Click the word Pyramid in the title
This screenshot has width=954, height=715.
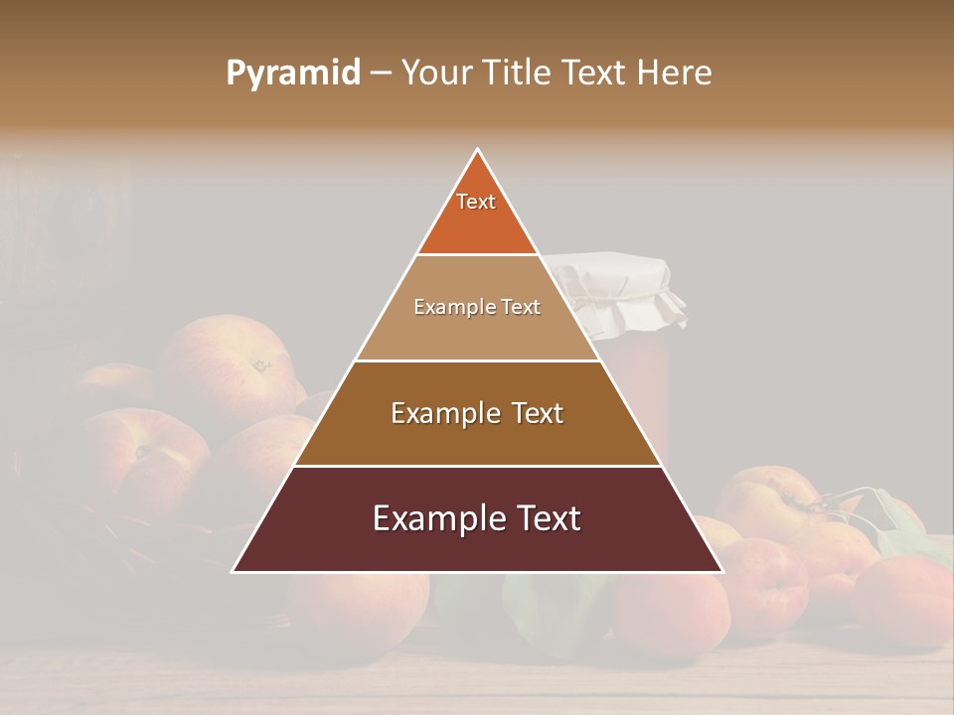[x=292, y=73]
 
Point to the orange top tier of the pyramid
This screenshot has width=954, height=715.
[x=477, y=223]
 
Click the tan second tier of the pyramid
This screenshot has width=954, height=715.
[x=477, y=333]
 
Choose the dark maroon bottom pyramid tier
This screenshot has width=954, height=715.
[x=477, y=546]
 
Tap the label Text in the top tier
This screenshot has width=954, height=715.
[x=476, y=202]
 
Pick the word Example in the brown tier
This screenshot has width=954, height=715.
[x=438, y=413]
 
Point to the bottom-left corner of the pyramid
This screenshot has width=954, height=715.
[x=235, y=571]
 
